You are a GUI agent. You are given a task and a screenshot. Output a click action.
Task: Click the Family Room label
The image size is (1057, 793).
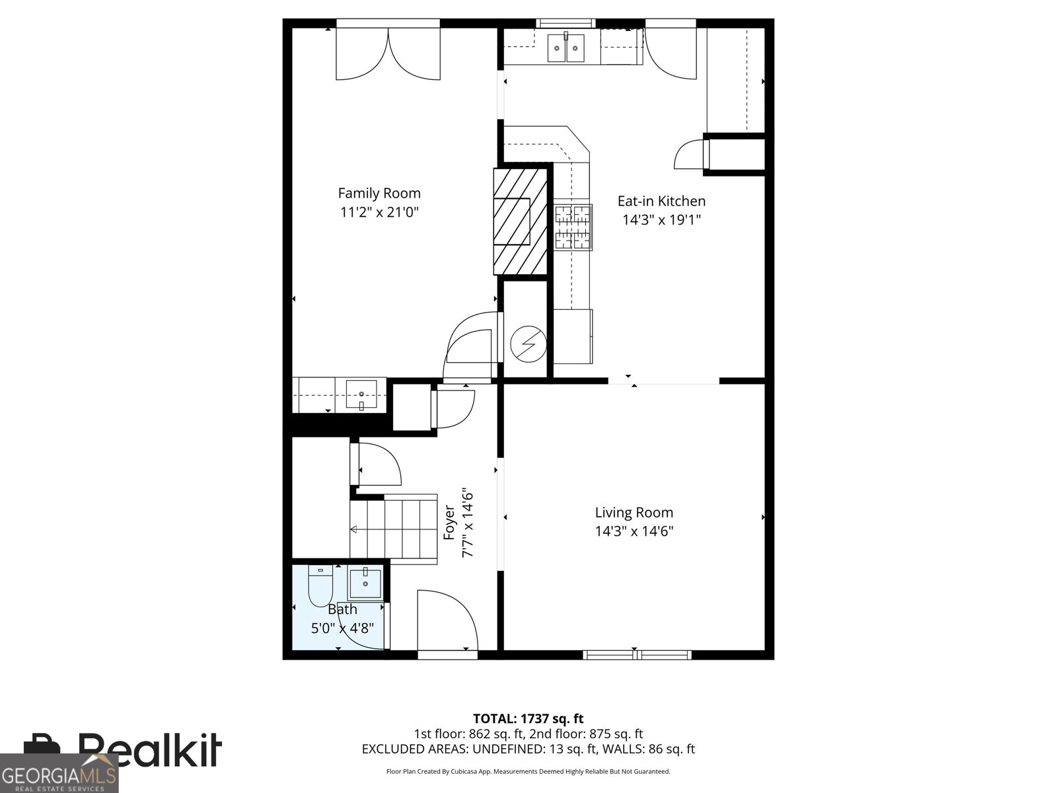click(x=379, y=193)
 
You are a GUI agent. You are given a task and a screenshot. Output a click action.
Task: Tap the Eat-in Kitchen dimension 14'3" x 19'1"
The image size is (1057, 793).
click(x=661, y=219)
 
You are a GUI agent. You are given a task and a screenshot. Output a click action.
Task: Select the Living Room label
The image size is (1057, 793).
click(x=634, y=512)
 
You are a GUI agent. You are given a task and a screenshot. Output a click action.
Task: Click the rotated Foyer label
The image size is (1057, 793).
click(x=449, y=523)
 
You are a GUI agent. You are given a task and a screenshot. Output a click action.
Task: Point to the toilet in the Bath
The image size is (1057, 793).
click(x=320, y=585)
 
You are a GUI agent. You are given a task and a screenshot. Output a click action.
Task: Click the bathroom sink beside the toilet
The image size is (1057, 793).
click(x=365, y=584)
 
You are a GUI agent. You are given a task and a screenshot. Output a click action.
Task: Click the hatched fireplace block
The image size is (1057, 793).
click(x=520, y=221)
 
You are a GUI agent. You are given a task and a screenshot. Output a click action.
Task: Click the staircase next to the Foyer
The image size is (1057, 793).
click(x=394, y=529)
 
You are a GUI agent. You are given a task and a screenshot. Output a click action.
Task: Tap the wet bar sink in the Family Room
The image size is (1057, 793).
click(x=361, y=395)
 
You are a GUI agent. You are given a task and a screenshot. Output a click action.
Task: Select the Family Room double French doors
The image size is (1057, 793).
click(x=388, y=53)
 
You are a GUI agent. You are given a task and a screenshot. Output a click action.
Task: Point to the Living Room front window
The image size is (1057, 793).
click(x=637, y=655)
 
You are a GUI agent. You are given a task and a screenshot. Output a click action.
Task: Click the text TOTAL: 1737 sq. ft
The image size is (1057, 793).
click(x=528, y=718)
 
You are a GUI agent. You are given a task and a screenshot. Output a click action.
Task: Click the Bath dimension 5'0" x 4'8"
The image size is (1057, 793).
click(x=342, y=628)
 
